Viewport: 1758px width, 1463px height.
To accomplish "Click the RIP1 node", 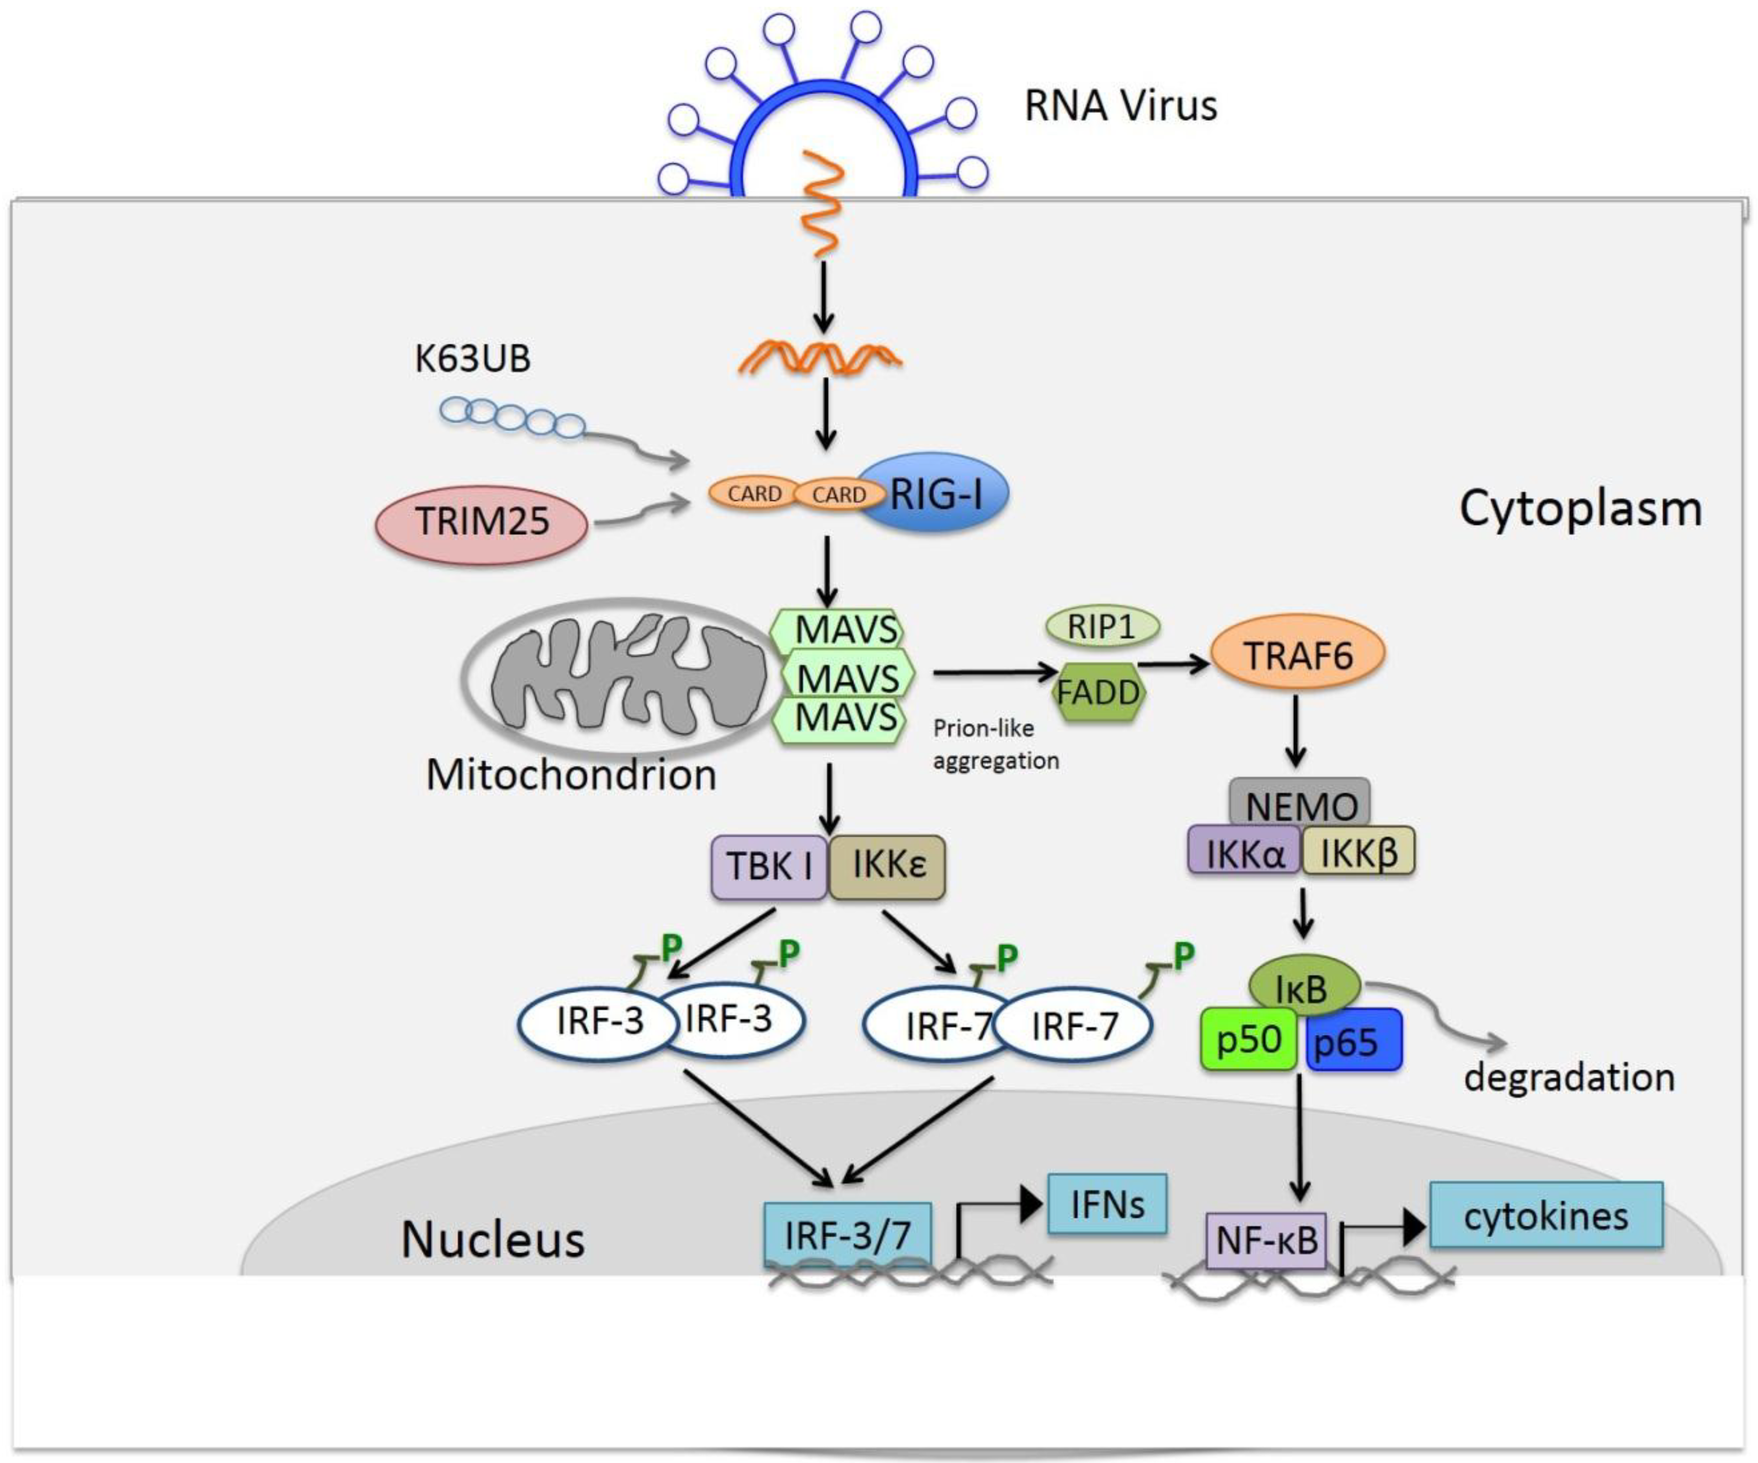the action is pyautogui.click(x=1102, y=626).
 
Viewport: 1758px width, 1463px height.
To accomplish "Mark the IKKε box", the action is pyautogui.click(x=887, y=867).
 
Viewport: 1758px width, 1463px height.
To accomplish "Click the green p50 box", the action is pyautogui.click(x=1248, y=1038).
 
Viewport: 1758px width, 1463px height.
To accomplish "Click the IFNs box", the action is pyautogui.click(x=1107, y=1204).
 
